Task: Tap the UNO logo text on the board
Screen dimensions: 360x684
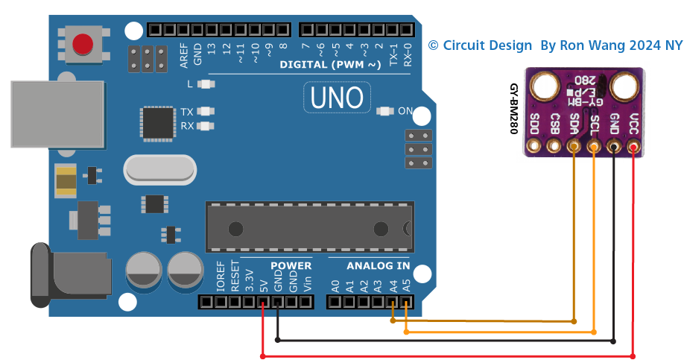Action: point(336,97)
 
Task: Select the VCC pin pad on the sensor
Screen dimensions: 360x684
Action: point(633,147)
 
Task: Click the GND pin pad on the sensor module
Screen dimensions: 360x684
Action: point(613,147)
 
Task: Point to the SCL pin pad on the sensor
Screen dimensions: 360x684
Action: point(594,147)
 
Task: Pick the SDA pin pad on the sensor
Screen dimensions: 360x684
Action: point(574,147)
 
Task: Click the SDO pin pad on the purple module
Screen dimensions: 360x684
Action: point(533,147)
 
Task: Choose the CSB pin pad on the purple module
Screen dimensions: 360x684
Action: point(554,147)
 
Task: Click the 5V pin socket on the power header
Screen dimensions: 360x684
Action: point(263,302)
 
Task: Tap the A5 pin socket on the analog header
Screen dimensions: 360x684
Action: point(405,302)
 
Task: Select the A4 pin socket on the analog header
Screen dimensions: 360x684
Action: point(392,302)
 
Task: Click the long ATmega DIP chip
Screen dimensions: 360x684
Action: point(309,227)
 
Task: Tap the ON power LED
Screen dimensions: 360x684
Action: point(384,112)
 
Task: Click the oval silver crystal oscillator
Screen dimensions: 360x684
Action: point(160,169)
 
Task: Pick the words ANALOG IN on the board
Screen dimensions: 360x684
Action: point(378,266)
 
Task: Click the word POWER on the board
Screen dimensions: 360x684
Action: point(291,266)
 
